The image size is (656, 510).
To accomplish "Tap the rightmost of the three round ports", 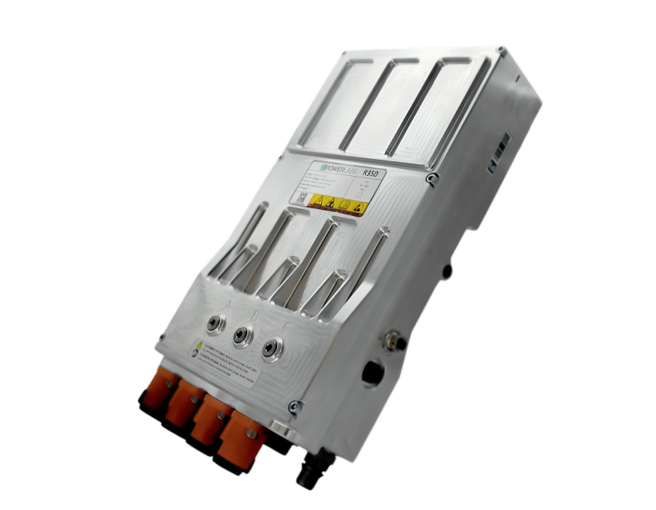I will coord(270,349).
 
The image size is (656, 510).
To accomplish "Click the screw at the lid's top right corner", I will coord(502,52).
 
